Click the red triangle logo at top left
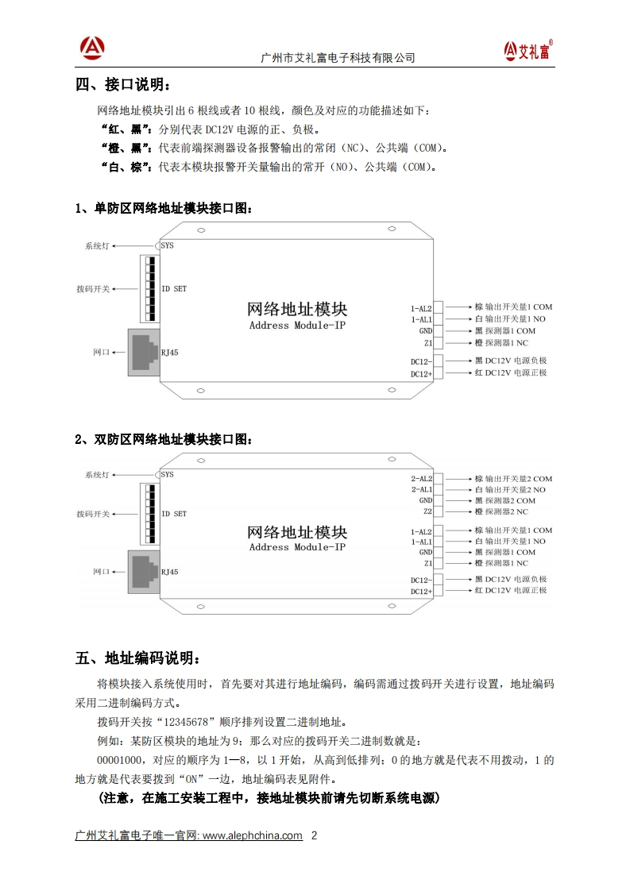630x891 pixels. (92, 48)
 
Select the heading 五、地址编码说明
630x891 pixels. (132, 658)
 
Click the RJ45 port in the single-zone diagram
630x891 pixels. (143, 351)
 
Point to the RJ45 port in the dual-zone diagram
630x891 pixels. (143, 571)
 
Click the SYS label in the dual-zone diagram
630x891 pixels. (167, 475)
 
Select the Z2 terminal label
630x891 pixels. (427, 511)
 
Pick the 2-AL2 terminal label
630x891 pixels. (421, 479)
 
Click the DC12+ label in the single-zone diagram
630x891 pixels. (421, 373)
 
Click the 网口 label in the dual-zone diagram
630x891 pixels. (100, 571)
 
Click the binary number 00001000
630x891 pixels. (120, 760)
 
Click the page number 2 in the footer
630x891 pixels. (314, 835)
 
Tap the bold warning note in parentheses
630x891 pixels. (269, 797)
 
